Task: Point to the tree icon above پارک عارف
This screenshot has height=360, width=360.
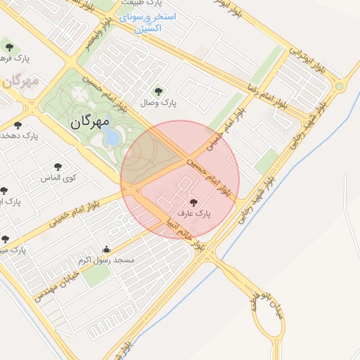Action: point(203,202)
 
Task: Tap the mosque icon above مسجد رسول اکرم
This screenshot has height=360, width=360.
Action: point(106,249)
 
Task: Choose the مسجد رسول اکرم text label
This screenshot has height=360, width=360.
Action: point(105,259)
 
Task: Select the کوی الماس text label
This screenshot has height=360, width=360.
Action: point(59,178)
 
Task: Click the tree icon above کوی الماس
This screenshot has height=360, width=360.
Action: point(58,167)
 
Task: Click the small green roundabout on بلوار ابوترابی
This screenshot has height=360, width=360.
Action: point(339,86)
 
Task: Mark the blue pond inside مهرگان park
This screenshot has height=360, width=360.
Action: point(112,138)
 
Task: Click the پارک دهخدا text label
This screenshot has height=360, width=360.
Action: point(20,135)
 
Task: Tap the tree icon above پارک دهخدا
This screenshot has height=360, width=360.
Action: point(18,124)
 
